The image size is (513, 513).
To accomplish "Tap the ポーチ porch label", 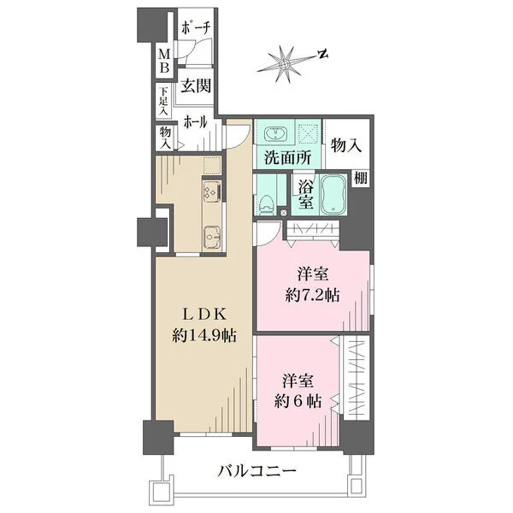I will pyautogui.click(x=195, y=28).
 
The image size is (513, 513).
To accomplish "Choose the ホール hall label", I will pyautogui.click(x=193, y=122).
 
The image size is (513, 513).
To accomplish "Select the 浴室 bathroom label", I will pyautogui.click(x=304, y=196).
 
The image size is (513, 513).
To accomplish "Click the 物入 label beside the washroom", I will pyautogui.click(x=345, y=144).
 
